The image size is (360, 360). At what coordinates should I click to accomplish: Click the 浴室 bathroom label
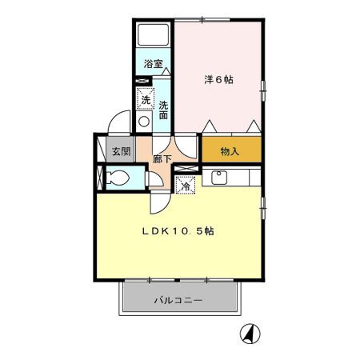(x=153, y=64)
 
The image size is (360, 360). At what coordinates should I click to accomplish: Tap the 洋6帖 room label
(x=218, y=79)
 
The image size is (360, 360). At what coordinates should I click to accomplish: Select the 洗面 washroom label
(x=162, y=110)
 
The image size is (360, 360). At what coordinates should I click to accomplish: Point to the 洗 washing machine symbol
(x=145, y=101)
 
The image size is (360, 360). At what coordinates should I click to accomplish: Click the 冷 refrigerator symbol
(x=185, y=186)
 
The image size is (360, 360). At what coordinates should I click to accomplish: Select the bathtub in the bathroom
(x=154, y=36)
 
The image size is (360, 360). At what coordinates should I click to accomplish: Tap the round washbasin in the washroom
(x=144, y=122)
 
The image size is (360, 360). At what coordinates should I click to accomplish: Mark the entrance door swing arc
(x=117, y=122)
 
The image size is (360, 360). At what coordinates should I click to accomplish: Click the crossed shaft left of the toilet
(x=99, y=178)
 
